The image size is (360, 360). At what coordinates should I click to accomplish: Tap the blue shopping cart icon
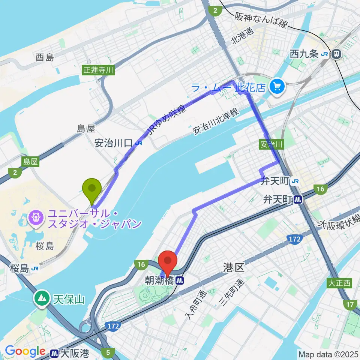click(x=277, y=87)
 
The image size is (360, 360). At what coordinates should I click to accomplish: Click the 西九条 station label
click(x=304, y=54)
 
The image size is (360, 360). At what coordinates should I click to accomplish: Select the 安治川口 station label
click(x=113, y=143)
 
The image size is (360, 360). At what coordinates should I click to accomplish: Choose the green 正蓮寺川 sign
click(x=98, y=69)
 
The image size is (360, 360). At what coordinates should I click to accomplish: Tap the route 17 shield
click(x=350, y=305)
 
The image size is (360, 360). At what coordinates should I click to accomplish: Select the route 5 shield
click(x=108, y=352)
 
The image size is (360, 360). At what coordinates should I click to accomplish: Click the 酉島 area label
click(x=45, y=57)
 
